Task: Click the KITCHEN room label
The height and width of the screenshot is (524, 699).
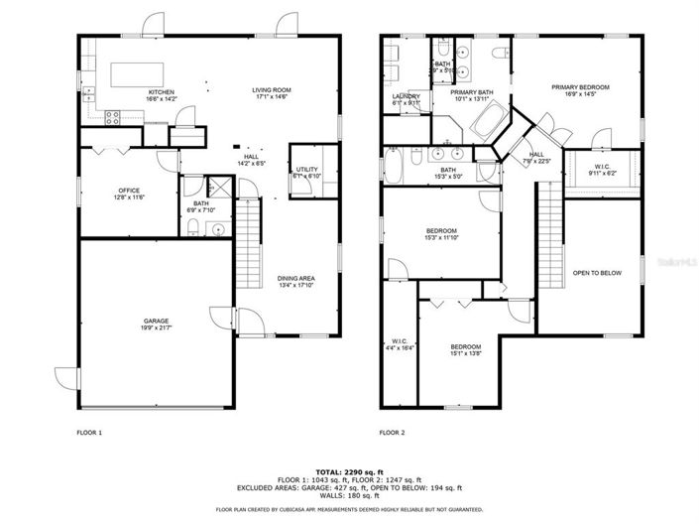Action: click(x=133, y=91)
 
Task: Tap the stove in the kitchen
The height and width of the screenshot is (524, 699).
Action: click(x=112, y=117)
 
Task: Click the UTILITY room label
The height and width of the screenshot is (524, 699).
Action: click(x=306, y=170)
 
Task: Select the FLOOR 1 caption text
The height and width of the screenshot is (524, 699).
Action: click(x=89, y=433)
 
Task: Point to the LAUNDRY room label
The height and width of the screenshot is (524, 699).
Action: click(x=407, y=96)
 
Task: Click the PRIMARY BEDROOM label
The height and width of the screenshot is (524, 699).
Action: click(x=580, y=87)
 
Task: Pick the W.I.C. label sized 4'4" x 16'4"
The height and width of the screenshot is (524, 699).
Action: click(x=401, y=344)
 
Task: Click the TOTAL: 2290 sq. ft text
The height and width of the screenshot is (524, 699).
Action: click(x=349, y=471)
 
